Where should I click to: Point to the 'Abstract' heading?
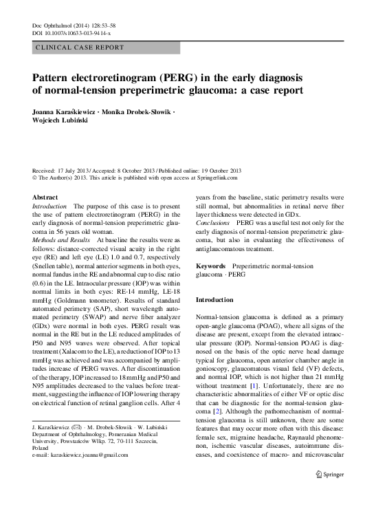coord(46,197)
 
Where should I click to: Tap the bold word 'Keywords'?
coord(211,265)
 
